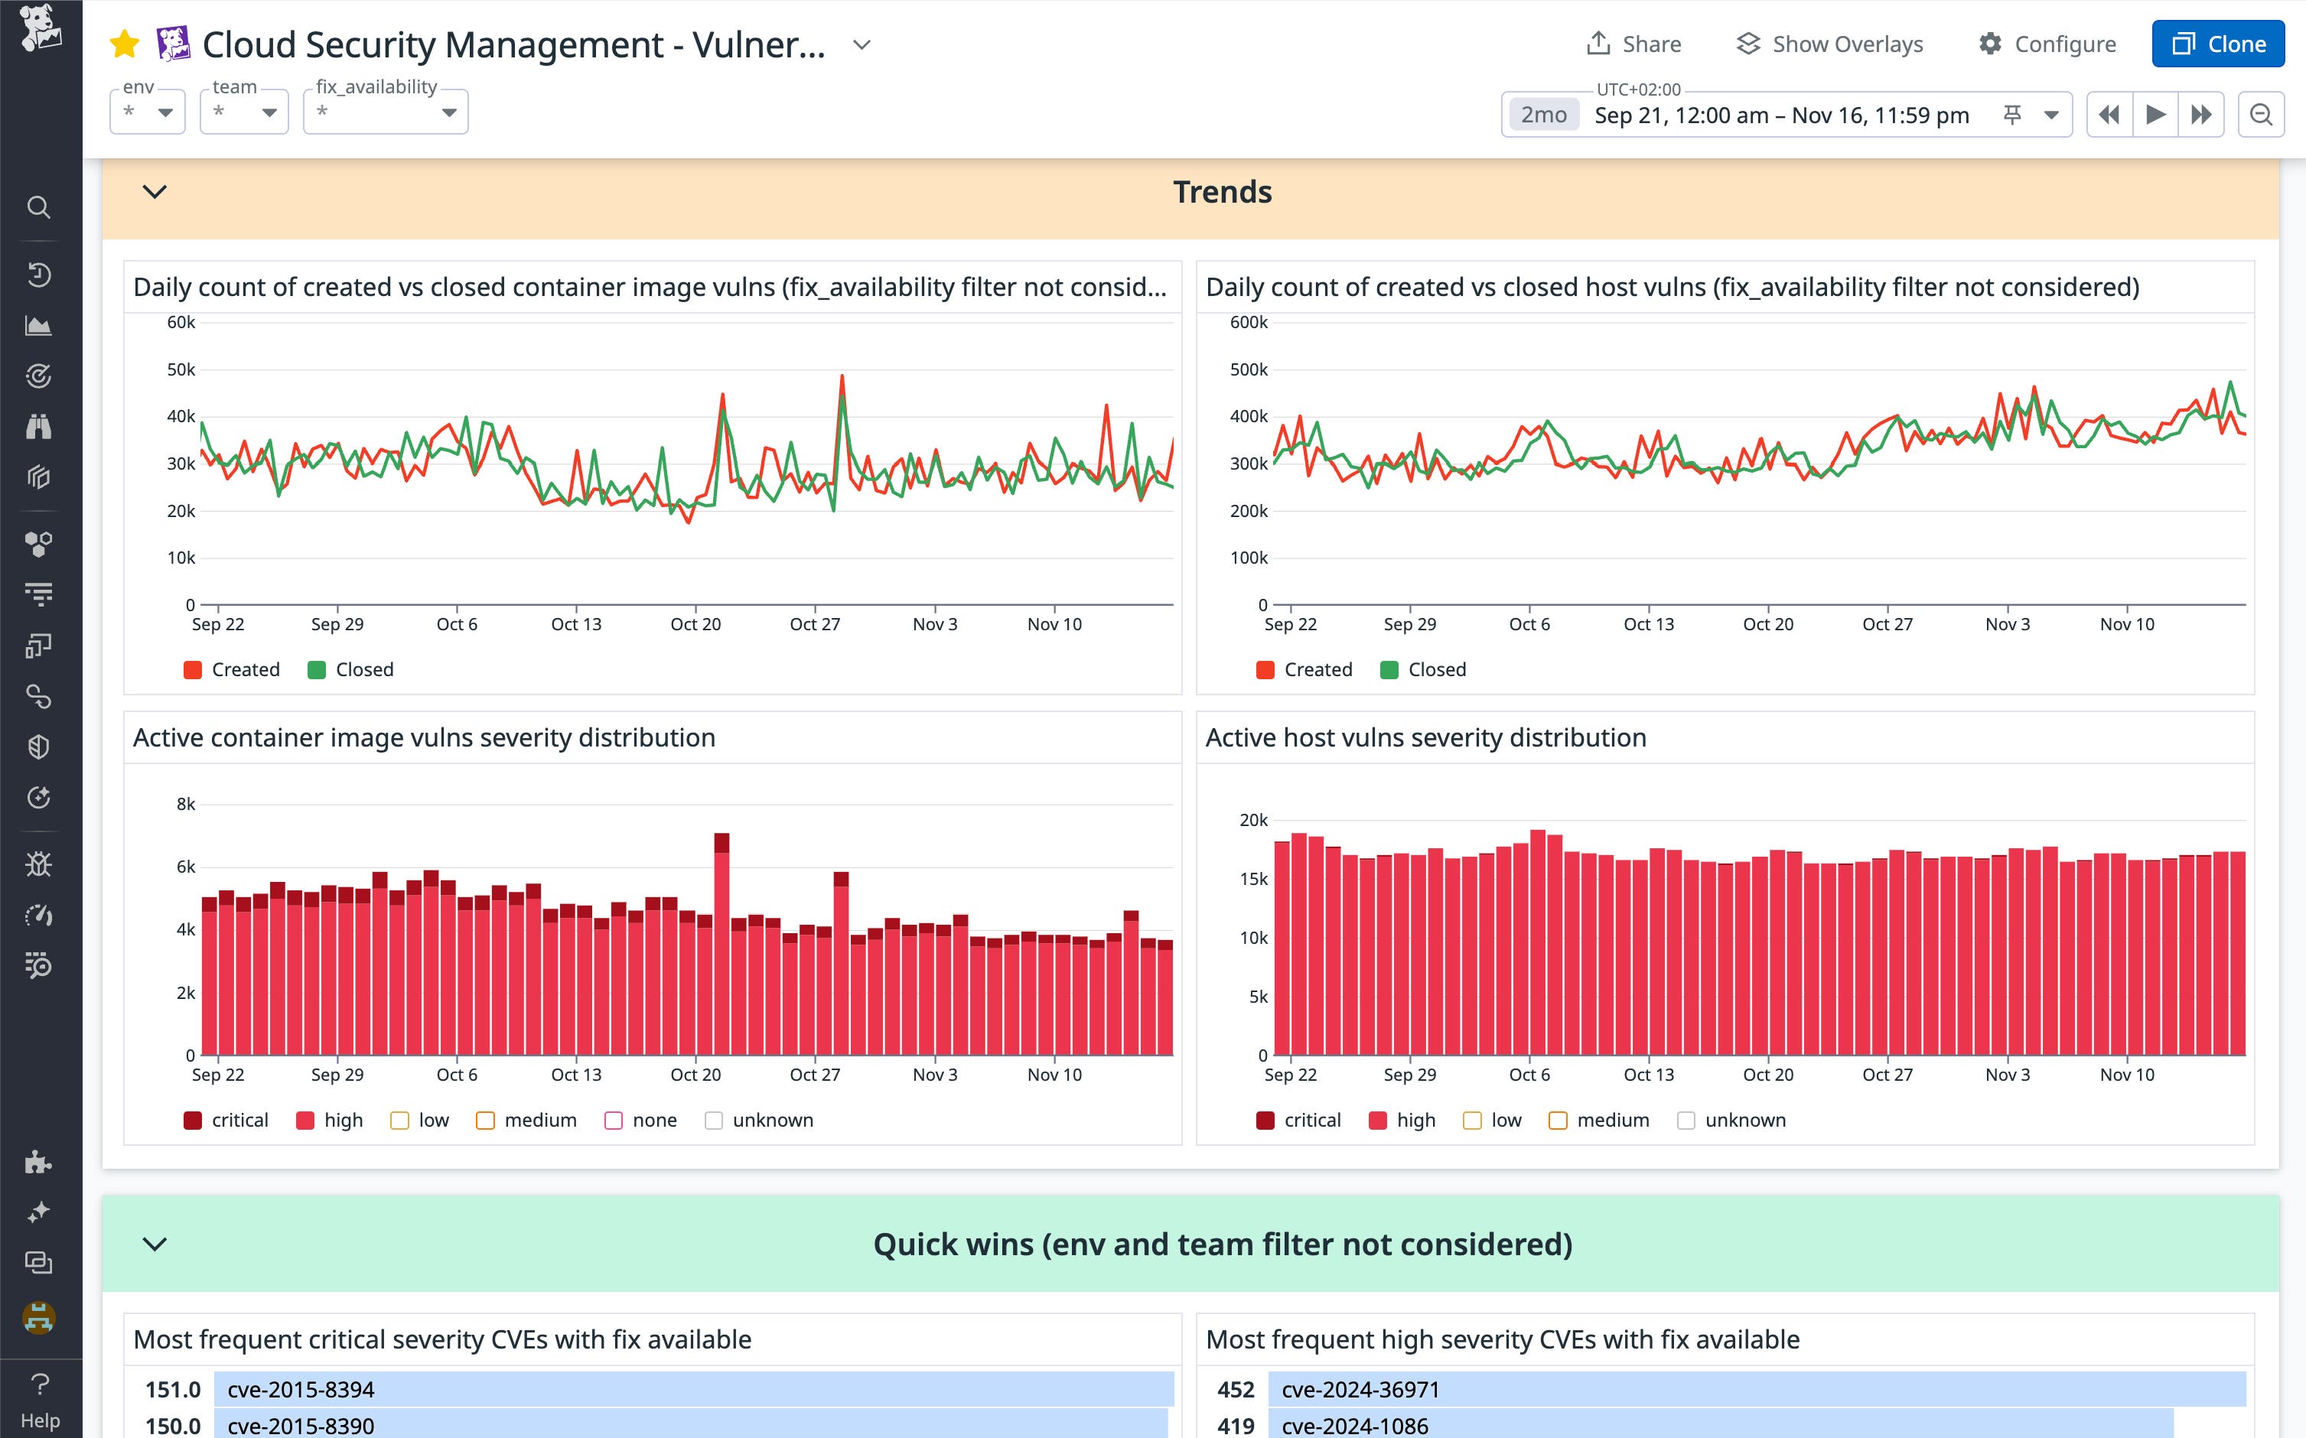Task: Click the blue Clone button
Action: tap(2217, 44)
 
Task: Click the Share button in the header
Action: tap(1633, 44)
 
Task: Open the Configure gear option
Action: tap(2047, 44)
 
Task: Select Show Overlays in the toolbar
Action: tap(1829, 44)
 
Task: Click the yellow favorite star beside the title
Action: tap(125, 44)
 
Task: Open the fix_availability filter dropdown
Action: tap(386, 112)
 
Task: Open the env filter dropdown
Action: tap(148, 112)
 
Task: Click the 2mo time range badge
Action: tap(1543, 115)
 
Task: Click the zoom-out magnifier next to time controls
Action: tap(2260, 115)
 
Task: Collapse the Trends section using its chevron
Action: tap(154, 192)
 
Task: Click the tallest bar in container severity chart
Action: tap(721, 942)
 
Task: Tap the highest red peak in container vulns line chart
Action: tap(842, 378)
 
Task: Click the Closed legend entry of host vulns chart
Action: tap(1423, 669)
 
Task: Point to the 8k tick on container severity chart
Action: tap(185, 805)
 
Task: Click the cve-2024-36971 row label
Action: tap(1360, 1390)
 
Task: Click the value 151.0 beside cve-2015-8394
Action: tap(172, 1390)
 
